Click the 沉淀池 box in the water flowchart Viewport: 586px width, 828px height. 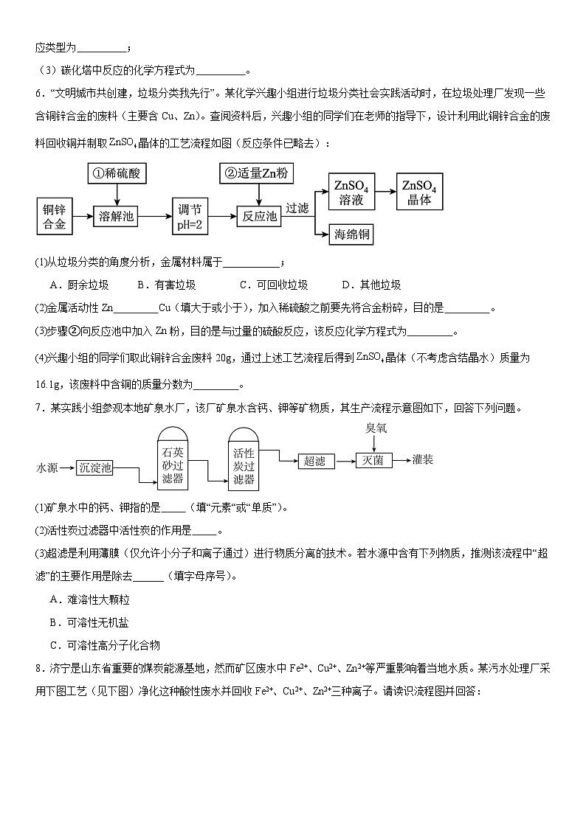tap(96, 467)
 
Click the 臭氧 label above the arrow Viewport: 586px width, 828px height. tap(376, 428)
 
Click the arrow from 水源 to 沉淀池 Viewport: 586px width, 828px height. tap(66, 467)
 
